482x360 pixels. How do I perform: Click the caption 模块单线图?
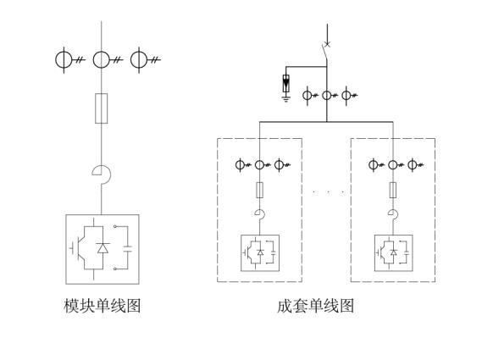click(x=102, y=306)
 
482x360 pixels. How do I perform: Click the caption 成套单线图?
click(x=315, y=306)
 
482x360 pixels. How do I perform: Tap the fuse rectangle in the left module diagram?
click(x=101, y=108)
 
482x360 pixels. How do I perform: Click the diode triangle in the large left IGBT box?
click(x=102, y=248)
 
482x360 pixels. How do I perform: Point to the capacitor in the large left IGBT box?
click(x=128, y=249)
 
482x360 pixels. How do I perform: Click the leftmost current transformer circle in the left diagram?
click(x=64, y=59)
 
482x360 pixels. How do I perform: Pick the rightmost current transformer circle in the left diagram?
click(x=139, y=59)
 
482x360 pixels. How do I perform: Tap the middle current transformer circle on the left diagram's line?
click(x=101, y=59)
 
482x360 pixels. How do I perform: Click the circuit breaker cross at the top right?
click(x=327, y=45)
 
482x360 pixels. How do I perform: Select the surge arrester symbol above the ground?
click(x=285, y=83)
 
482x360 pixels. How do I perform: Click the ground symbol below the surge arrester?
click(x=285, y=99)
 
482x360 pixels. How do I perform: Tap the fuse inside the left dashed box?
click(x=260, y=190)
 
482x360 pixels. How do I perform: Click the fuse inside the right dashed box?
click(x=393, y=190)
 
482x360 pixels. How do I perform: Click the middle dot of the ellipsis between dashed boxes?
click(x=329, y=192)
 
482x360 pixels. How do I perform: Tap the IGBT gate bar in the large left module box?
click(x=73, y=248)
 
